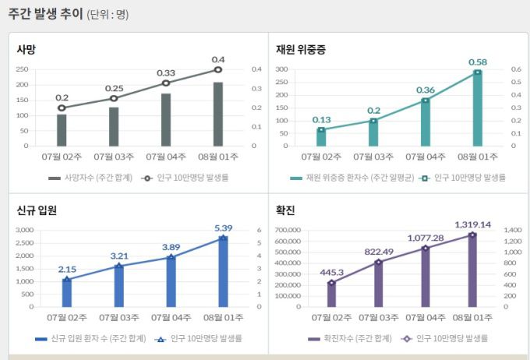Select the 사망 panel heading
[x=26, y=49]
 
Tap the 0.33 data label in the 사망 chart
[x=166, y=72]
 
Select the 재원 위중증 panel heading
[x=301, y=49]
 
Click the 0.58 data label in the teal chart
[x=478, y=62]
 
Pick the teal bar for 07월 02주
[x=321, y=137]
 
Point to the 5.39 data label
[x=223, y=228]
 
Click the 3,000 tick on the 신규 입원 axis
[x=25, y=231]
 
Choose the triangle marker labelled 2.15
[x=66, y=279]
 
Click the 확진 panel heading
[x=285, y=210]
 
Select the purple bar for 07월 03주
[x=379, y=284]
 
